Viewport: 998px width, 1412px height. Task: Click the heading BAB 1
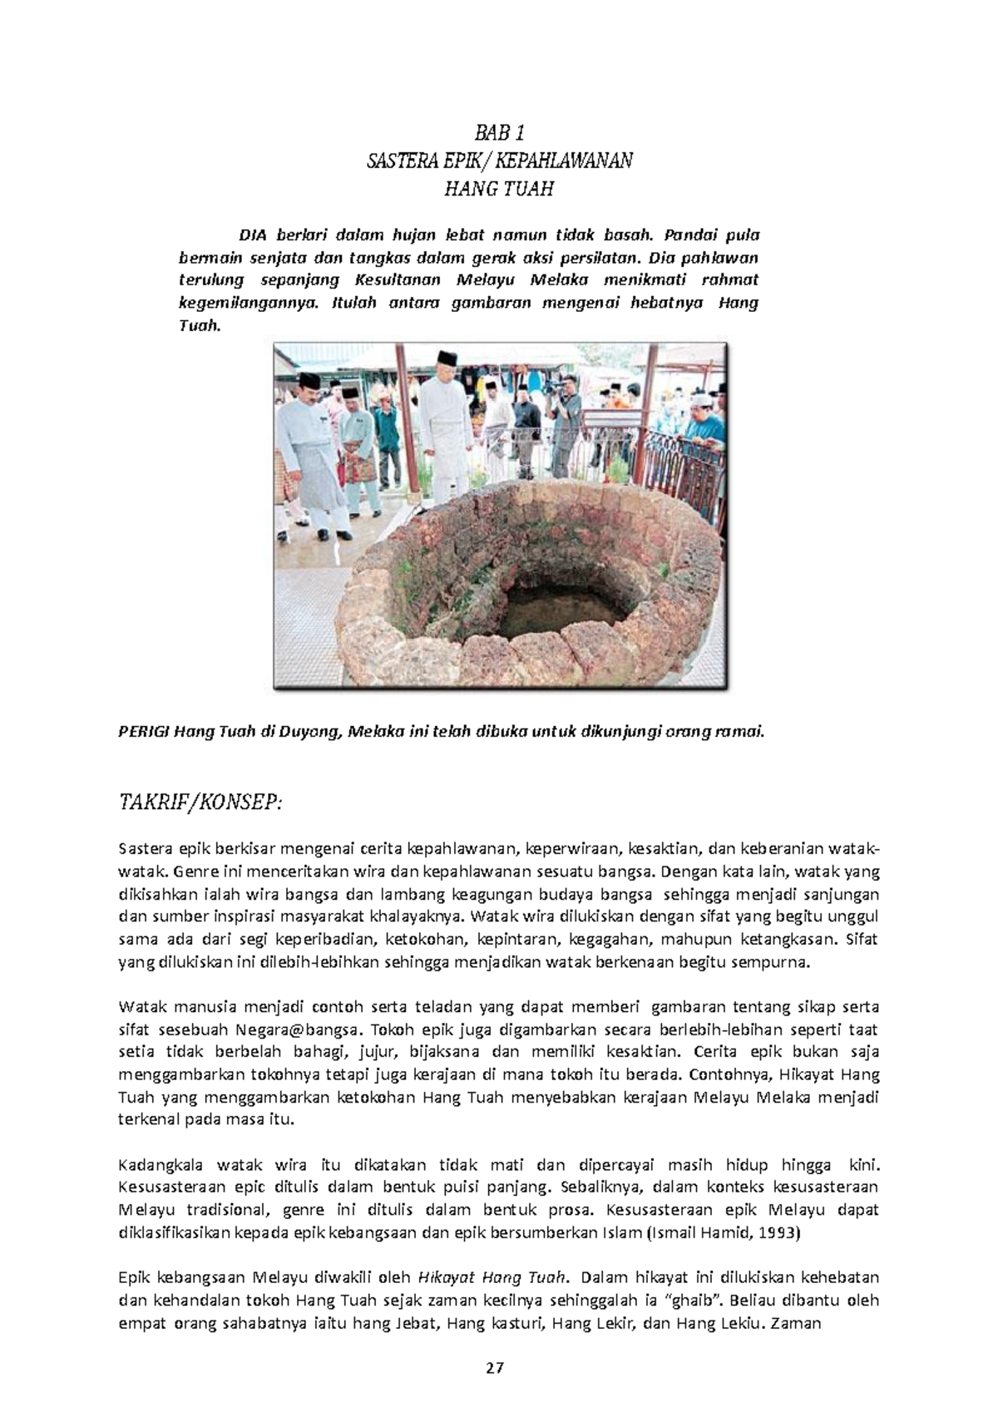pyautogui.click(x=499, y=132)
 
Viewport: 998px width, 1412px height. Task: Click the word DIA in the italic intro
pyautogui.click(x=252, y=235)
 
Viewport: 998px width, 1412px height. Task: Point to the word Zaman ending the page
pyautogui.click(x=797, y=1322)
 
